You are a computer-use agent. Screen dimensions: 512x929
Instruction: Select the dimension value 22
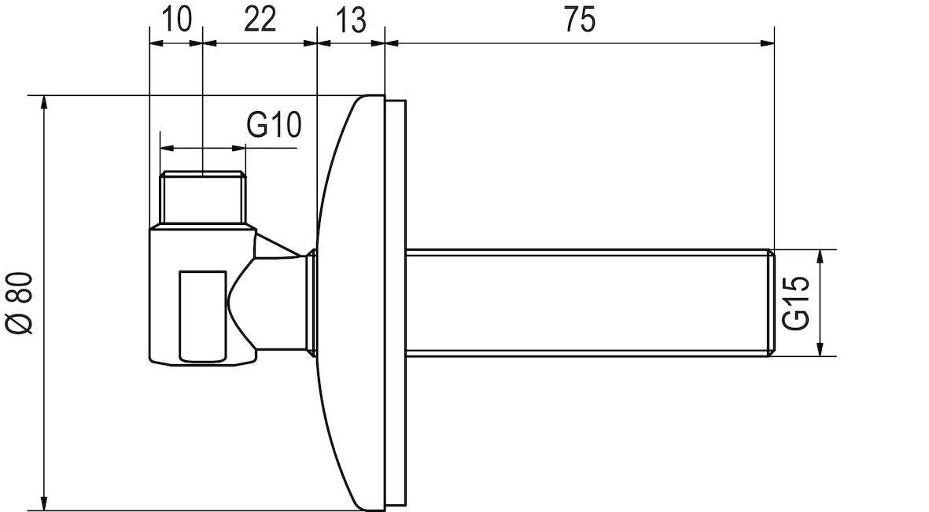pyautogui.click(x=260, y=20)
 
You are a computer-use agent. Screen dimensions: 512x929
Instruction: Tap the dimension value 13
pyautogui.click(x=351, y=20)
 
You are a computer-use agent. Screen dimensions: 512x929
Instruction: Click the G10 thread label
pyautogui.click(x=274, y=124)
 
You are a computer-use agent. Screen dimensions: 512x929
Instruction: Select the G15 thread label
pyautogui.click(x=797, y=304)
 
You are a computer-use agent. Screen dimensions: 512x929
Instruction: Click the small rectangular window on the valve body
pyautogui.click(x=202, y=315)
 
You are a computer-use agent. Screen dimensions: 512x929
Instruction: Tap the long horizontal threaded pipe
pyautogui.click(x=582, y=303)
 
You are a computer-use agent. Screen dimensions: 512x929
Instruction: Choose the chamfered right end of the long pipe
pyautogui.click(x=771, y=303)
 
